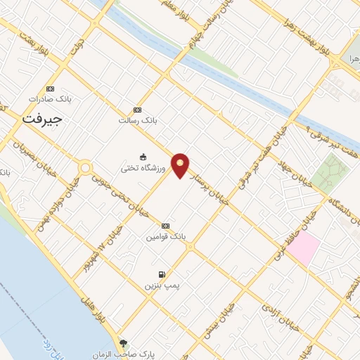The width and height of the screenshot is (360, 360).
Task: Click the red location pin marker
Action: coord(181,165)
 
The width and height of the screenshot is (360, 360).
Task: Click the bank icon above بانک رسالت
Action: coord(137,110)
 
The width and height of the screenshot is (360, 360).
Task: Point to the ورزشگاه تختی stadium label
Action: coord(143,167)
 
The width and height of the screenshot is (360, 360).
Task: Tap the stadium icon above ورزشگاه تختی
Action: coord(143,157)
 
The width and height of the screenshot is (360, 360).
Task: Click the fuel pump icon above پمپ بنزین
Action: coord(162,274)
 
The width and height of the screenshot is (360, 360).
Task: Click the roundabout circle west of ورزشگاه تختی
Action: coord(86,169)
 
